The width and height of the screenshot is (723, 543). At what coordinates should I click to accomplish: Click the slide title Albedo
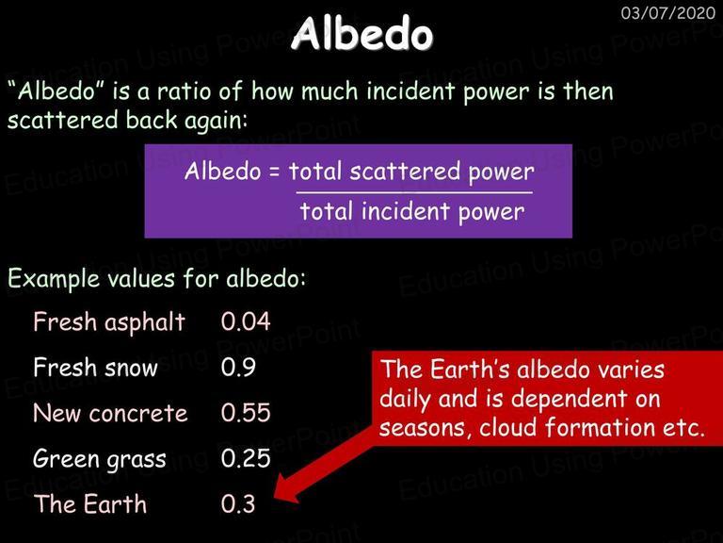click(361, 33)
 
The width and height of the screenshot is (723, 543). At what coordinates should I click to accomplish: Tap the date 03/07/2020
click(668, 13)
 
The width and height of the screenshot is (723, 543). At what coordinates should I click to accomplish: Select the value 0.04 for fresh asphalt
click(246, 321)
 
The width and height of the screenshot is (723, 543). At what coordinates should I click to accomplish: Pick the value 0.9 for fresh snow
click(238, 367)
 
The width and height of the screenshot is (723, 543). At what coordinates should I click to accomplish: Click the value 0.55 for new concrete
click(246, 412)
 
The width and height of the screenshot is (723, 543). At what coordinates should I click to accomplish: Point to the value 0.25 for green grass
click(246, 458)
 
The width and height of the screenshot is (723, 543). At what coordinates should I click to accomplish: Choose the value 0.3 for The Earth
click(238, 503)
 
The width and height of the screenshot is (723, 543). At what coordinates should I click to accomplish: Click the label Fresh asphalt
click(109, 321)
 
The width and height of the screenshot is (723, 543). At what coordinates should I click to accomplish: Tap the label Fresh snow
click(95, 367)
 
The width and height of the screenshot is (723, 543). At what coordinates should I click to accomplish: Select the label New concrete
click(111, 413)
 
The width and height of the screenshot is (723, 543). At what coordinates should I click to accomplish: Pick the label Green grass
click(100, 460)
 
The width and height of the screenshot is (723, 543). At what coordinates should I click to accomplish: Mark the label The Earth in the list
click(90, 503)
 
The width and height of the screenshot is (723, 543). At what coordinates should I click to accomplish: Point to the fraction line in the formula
click(414, 192)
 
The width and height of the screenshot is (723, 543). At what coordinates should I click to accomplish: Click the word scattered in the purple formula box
click(405, 172)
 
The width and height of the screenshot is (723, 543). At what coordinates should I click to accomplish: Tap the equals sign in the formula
click(274, 173)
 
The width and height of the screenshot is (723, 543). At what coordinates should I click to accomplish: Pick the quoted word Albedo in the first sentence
click(57, 90)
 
